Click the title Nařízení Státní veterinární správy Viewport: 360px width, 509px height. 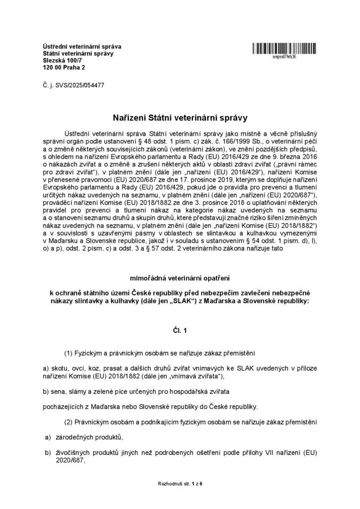[180, 117]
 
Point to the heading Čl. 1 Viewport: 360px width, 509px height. [180, 330]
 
